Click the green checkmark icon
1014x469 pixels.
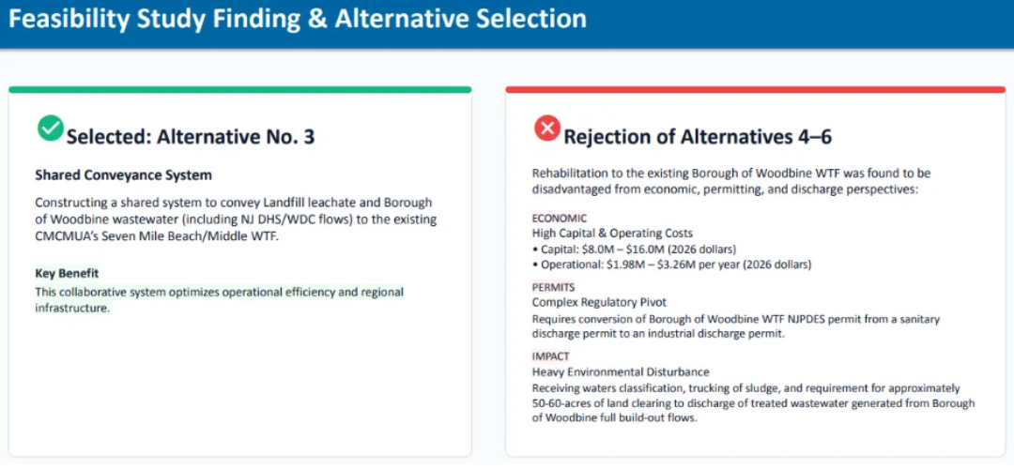point(51,128)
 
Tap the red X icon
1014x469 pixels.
point(547,128)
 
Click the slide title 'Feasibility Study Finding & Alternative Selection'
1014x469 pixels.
point(298,20)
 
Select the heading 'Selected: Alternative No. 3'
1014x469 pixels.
point(191,137)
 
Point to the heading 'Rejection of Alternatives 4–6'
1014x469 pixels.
point(698,137)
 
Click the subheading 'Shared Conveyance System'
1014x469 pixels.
point(124,175)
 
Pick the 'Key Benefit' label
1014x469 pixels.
point(67,273)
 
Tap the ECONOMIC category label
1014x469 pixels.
point(560,219)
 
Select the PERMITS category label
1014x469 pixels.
point(554,287)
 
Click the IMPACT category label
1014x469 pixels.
point(551,356)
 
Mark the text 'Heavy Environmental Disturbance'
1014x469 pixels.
point(621,372)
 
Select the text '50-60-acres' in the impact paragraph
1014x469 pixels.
point(563,403)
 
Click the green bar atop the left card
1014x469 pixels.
point(240,90)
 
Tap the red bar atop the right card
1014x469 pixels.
point(755,90)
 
